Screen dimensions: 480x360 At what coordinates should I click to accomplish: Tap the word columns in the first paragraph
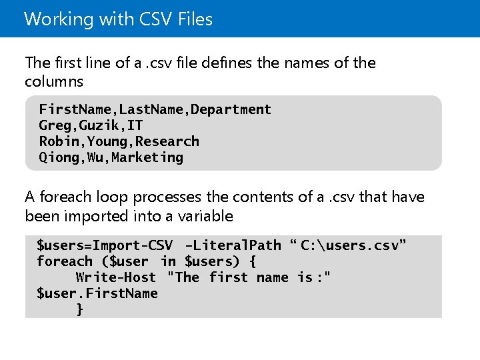pos(54,81)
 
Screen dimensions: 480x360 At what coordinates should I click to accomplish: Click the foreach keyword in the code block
pos(64,261)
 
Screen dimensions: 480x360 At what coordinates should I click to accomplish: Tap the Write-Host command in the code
pos(116,277)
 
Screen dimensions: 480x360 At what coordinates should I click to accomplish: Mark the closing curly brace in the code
pos(80,309)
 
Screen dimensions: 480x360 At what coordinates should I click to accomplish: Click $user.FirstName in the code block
pos(97,293)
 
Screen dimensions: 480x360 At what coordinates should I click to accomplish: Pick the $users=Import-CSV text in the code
pos(105,245)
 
